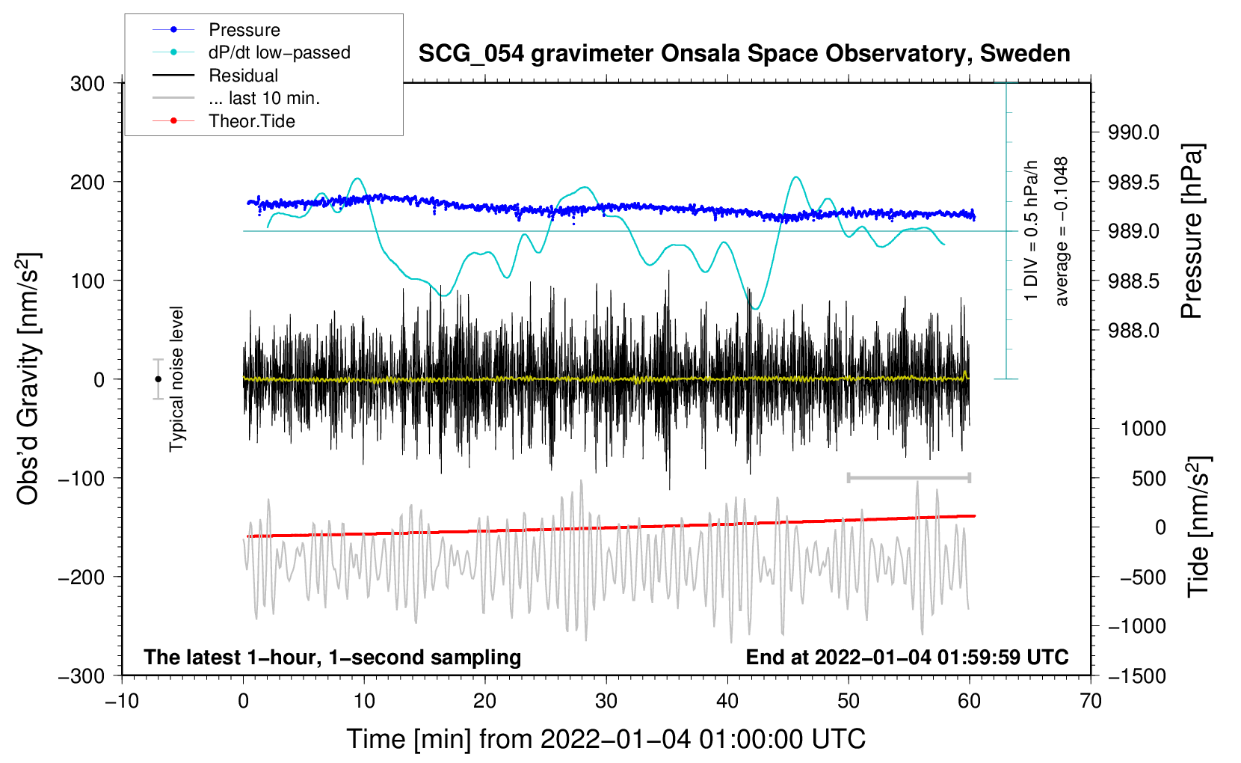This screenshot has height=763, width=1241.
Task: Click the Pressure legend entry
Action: [x=244, y=30]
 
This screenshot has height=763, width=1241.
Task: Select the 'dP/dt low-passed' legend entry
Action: [x=279, y=52]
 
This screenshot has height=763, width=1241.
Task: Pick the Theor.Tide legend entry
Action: [x=251, y=121]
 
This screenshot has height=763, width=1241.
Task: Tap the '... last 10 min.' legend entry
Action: [x=264, y=98]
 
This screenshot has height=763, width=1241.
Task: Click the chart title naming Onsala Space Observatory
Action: [x=744, y=54]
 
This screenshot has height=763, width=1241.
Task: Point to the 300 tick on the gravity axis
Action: [x=87, y=84]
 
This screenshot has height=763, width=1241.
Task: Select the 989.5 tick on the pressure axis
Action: [x=1133, y=183]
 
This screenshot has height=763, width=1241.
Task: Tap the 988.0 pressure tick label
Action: [x=1133, y=331]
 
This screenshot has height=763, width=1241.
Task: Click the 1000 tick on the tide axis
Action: [x=1143, y=429]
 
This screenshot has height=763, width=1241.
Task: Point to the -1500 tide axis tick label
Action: [x=1136, y=675]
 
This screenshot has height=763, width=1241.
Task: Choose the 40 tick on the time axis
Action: [x=727, y=701]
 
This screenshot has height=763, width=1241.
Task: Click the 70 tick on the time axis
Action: [x=1091, y=701]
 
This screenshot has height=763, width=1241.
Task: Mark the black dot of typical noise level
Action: [x=158, y=379]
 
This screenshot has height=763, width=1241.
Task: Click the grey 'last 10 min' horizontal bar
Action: [x=908, y=477]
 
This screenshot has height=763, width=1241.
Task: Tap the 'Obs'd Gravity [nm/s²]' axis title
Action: [x=28, y=379]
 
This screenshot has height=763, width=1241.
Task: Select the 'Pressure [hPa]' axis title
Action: [x=1192, y=232]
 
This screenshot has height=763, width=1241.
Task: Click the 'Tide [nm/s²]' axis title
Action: [x=1198, y=527]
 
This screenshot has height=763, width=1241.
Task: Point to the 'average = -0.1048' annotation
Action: [x=1062, y=232]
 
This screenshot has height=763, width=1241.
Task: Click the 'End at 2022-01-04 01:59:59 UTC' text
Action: [x=907, y=657]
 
